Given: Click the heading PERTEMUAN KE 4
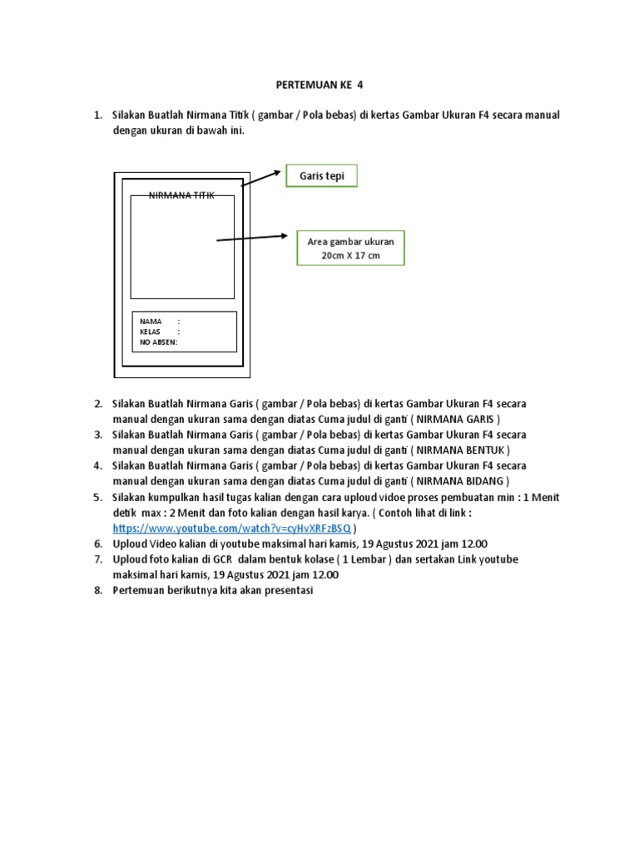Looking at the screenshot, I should point(319,85).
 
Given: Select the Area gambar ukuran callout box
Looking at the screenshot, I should point(350,248).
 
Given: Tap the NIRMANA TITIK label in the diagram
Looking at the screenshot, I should point(181,195).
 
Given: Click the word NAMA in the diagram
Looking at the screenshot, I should point(151,321).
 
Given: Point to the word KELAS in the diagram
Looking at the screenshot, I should point(151,332).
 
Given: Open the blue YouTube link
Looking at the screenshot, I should point(232,528).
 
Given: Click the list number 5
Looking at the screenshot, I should point(97,497).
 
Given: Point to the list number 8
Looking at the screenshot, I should point(97,590).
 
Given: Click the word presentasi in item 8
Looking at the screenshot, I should point(292,590).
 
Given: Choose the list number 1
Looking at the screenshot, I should point(97,115).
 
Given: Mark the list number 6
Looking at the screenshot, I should point(97,544).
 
